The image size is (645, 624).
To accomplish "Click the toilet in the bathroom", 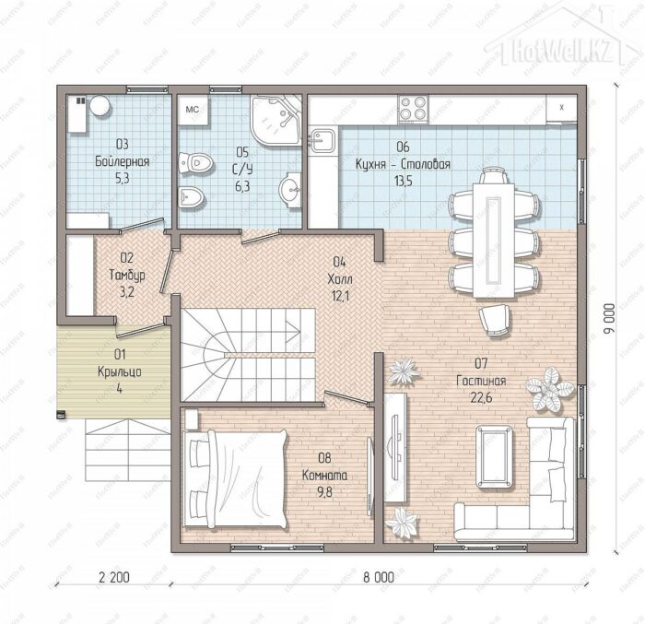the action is pos(196,163).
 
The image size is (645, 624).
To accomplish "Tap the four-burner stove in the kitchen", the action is pos(413,109).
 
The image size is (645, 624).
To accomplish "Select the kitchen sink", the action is pos(322,140).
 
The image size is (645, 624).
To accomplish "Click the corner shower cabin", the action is pos(276,120).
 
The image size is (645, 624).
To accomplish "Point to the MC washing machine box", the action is pos(193,110).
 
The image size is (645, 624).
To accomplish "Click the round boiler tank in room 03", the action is pos(100,106).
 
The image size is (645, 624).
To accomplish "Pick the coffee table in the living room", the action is pos(495,457).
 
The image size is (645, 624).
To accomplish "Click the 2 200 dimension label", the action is pos(114,577).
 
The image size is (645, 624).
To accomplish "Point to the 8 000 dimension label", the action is pos(379,577).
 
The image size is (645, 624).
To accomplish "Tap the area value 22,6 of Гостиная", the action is pos(481,397).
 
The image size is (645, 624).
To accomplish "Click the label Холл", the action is pos(340,279).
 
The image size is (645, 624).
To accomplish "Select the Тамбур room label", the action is pos(127,275).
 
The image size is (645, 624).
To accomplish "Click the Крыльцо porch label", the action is pos(119,371).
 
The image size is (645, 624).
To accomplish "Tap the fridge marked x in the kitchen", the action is pos(561,108).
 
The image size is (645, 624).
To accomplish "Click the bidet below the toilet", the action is pos(192,196).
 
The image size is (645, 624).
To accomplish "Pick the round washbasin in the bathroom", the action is pos(291,190).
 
